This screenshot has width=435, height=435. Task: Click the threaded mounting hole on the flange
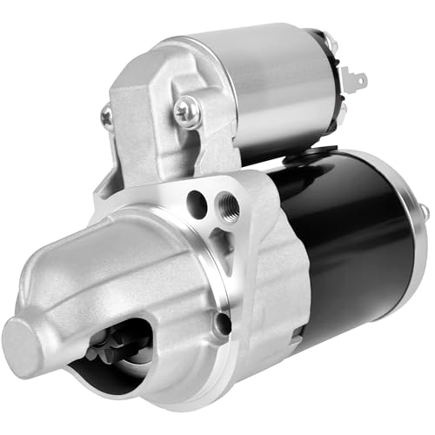point(230,209)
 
